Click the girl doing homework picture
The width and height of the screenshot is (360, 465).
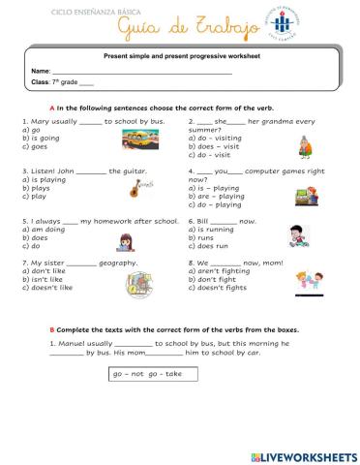(x=125, y=242)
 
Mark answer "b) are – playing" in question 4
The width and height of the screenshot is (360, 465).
(x=217, y=197)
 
